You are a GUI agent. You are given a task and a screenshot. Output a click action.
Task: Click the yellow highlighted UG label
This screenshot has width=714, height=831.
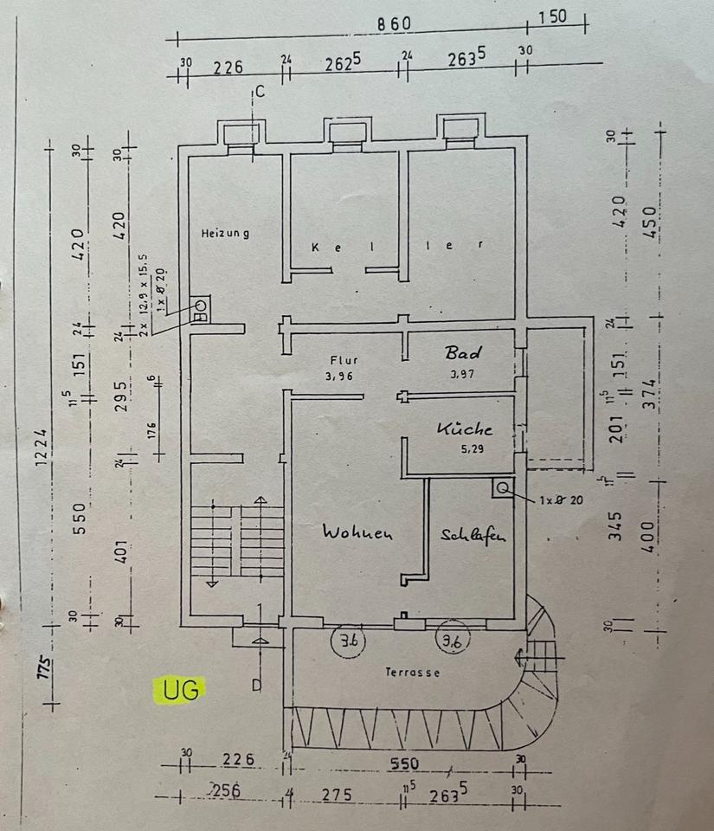tap(181, 690)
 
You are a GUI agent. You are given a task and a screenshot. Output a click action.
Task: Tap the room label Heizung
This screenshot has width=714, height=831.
tap(226, 233)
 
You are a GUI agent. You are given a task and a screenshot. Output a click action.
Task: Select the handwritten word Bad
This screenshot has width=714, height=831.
tap(463, 353)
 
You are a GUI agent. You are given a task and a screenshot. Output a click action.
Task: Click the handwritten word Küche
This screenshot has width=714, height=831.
tap(464, 428)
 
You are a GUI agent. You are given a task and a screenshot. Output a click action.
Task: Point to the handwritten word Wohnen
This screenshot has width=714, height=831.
tap(357, 532)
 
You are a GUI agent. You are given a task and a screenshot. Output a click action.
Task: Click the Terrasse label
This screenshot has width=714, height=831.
tap(413, 672)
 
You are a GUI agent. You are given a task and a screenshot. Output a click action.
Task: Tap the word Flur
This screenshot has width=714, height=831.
tap(344, 360)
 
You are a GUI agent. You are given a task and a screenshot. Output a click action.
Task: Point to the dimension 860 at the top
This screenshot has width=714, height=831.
tap(393, 24)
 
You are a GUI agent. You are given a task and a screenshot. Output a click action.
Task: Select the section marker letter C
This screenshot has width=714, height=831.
tap(259, 92)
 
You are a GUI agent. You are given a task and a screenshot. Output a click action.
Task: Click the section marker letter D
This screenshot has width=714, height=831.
tap(256, 686)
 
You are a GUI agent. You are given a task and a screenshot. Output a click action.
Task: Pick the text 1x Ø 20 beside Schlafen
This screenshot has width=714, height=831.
tap(559, 499)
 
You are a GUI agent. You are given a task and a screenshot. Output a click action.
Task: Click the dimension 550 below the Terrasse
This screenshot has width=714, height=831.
tap(403, 763)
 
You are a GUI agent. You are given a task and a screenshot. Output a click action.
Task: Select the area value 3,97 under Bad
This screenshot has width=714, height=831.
tap(465, 376)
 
